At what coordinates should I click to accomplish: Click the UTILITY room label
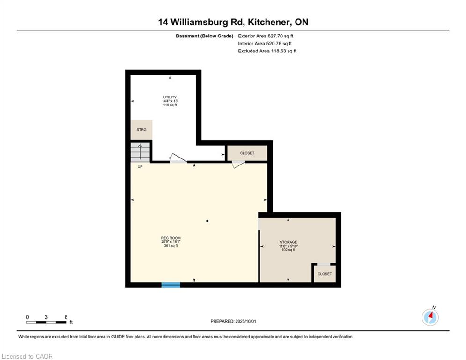pos(170,97)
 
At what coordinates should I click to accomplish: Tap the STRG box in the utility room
pos(141,130)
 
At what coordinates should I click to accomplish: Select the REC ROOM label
pos(171,238)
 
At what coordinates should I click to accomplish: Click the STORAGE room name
pos(288,242)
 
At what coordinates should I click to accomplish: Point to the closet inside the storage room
pos(325,274)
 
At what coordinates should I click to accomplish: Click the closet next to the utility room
pos(247,153)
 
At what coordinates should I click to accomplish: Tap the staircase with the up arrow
pos(140,152)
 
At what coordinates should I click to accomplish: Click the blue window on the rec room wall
pos(170,285)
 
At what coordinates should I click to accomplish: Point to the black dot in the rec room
pos(207,221)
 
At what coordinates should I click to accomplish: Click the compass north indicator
pos(430,317)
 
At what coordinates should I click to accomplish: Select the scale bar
pos(46,322)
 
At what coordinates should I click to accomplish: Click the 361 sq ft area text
pos(171,246)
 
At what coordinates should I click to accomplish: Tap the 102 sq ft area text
pos(288,250)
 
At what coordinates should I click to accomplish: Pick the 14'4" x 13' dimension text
pos(170,101)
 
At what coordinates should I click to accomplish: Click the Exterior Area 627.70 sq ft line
pos(266,36)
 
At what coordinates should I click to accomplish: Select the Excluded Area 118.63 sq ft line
pos(267,51)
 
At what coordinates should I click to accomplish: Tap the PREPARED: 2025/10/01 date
pos(233,321)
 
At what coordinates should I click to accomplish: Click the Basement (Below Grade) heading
pos(205,36)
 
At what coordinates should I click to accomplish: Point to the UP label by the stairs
pos(140,167)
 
